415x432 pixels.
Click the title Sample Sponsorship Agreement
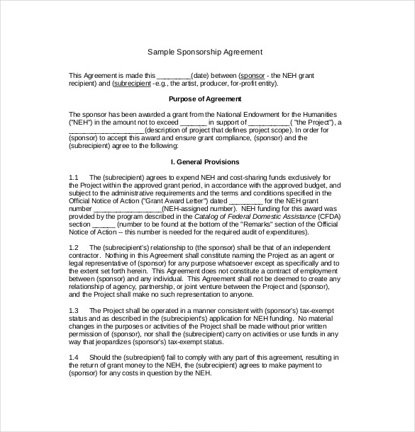(205, 52)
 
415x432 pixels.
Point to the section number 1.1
(74, 175)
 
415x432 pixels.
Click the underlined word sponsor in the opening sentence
(253, 74)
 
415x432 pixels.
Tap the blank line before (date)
(173, 74)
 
